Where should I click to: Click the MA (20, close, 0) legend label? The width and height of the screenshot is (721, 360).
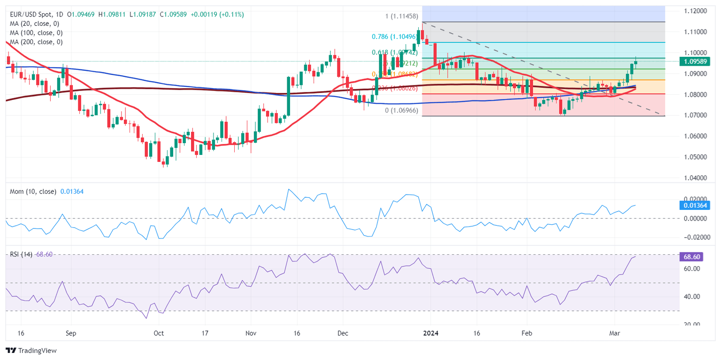pos(33,24)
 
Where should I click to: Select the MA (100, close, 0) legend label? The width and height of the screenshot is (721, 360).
pos(35,33)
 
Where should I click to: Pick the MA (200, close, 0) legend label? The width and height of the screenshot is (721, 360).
pos(35,42)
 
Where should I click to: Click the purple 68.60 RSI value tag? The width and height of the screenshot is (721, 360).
pos(691,256)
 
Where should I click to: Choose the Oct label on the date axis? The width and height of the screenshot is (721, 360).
pos(159,333)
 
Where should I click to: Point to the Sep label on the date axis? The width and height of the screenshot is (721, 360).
pos(71,333)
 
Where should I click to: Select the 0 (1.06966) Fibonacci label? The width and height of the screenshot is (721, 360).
pos(400,110)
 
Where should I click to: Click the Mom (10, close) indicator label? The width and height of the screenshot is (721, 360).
pos(33,191)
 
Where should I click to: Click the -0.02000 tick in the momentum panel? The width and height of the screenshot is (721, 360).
pos(693,237)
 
